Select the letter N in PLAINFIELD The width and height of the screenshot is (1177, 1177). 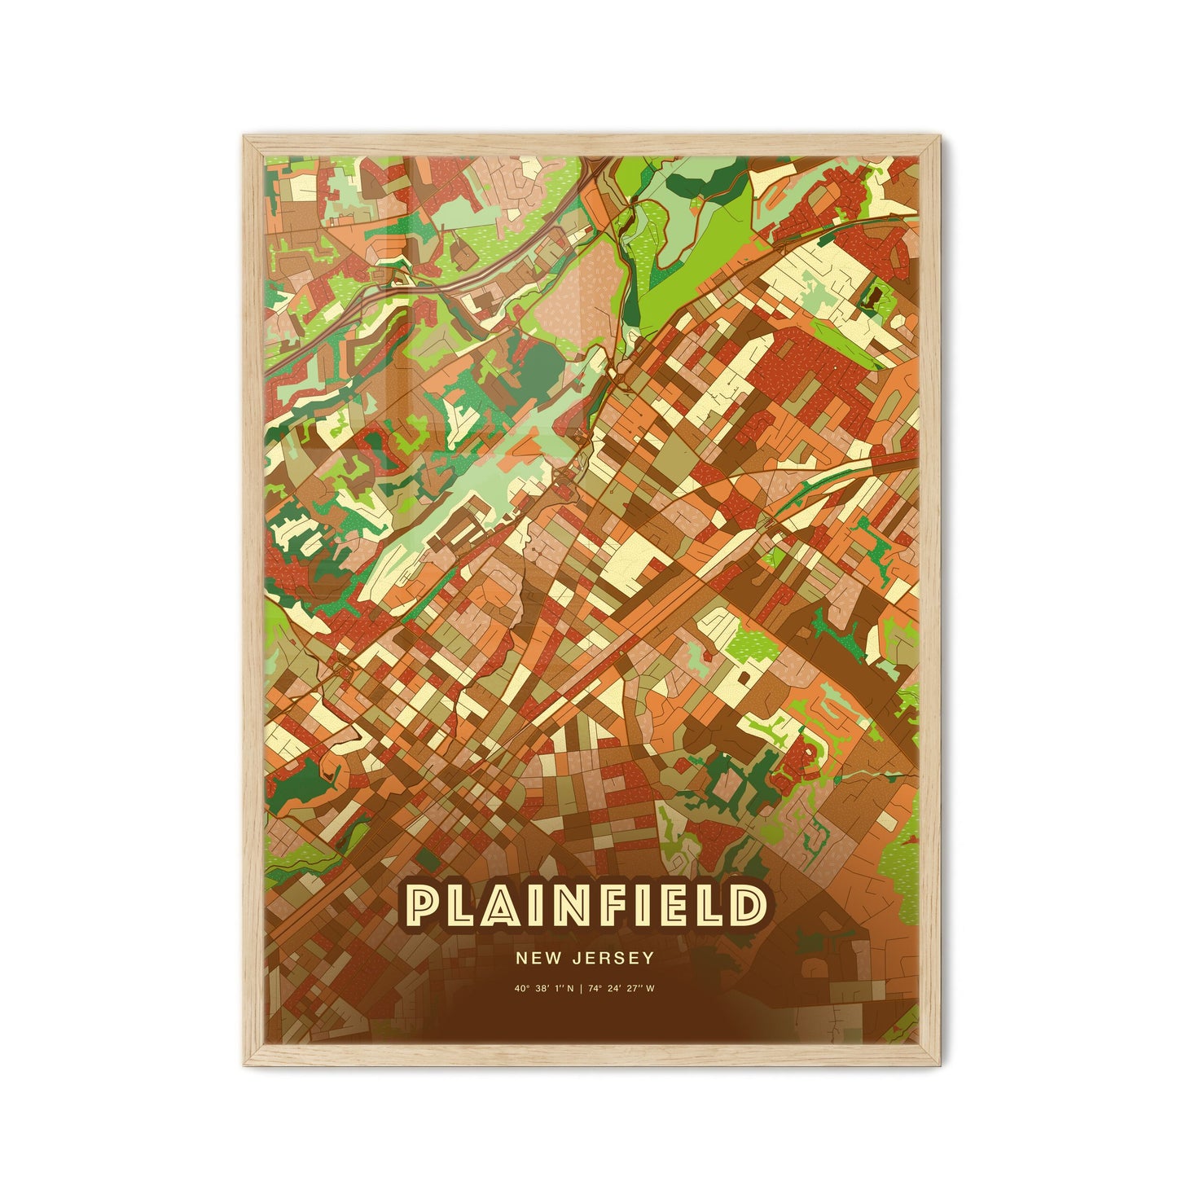(582, 906)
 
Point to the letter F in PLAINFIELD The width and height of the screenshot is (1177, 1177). (625, 906)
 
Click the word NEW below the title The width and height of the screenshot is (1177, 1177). (534, 958)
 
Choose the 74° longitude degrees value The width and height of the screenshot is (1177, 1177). (602, 989)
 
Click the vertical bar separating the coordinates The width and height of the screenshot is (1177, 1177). (586, 989)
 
